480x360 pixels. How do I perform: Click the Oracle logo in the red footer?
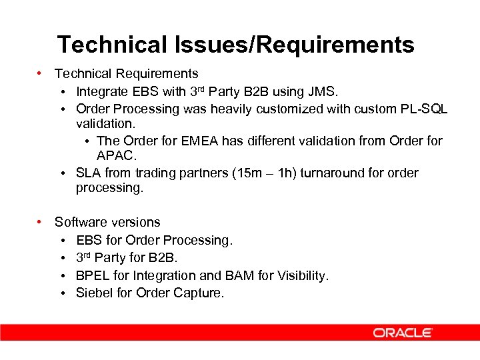(x=403, y=333)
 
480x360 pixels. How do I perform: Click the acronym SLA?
(x=89, y=173)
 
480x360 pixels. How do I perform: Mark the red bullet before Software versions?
(x=41, y=222)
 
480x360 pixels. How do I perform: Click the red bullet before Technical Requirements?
(x=41, y=73)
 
